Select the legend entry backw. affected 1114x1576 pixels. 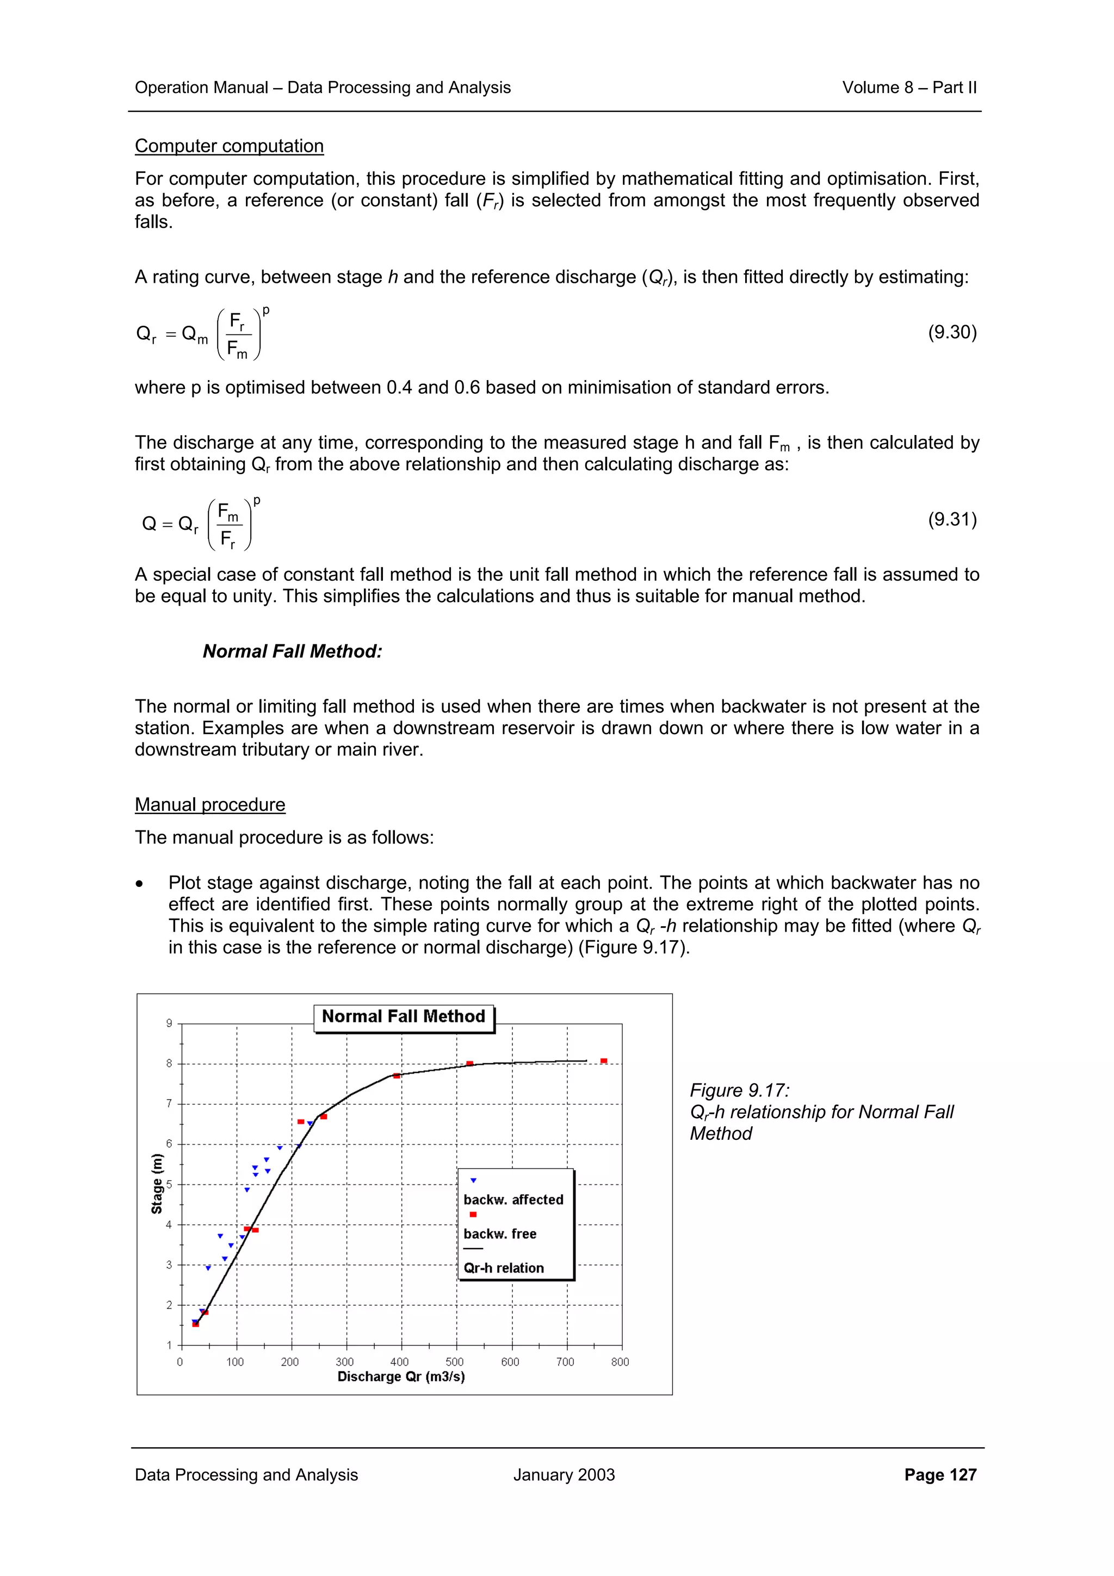(513, 1200)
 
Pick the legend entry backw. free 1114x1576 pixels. (500, 1233)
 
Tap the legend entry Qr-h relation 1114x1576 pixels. (503, 1268)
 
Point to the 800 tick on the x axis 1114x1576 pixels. (620, 1362)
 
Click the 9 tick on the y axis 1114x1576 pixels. (169, 1023)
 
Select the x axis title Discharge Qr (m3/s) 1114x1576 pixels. (401, 1376)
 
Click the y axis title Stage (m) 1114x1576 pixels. (157, 1183)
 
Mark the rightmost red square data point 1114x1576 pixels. (603, 1061)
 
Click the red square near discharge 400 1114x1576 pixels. (397, 1076)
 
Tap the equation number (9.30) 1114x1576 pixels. (952, 332)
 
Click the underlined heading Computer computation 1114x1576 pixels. (228, 146)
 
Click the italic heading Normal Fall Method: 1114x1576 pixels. (293, 651)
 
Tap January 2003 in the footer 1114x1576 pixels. (564, 1474)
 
